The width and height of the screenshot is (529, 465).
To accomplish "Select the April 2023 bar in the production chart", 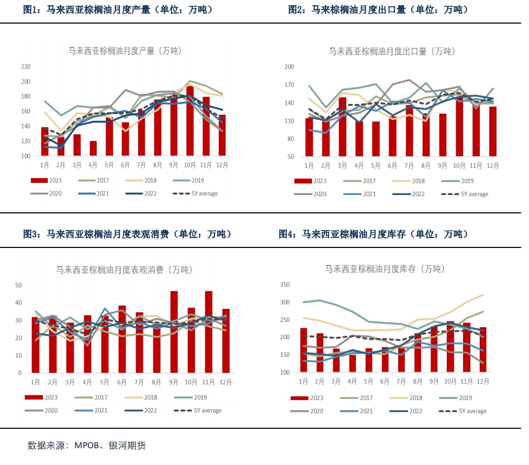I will point(93,149).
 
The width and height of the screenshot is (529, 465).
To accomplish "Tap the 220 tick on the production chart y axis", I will point(26,67).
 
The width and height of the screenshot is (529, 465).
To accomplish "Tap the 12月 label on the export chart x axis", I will point(492,166).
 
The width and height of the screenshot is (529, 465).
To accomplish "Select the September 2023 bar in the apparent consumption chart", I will point(174,332).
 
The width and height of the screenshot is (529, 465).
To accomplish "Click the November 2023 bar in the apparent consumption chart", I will point(208,332).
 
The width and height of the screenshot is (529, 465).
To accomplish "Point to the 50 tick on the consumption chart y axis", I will point(18,285).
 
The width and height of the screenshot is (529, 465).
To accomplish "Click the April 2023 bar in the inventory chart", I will point(353,363).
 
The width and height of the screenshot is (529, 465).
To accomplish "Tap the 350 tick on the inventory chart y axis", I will point(285,285).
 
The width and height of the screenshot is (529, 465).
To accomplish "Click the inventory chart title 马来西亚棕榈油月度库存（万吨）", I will point(385,269).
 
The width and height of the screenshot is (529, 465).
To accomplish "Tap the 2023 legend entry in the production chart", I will point(47,181).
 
